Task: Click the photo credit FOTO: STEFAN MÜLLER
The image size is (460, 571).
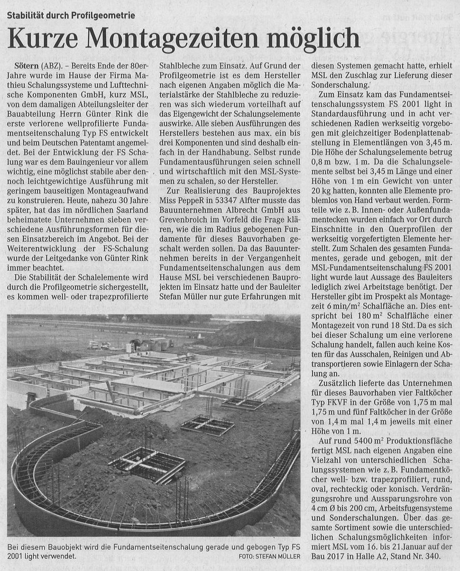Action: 266,557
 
